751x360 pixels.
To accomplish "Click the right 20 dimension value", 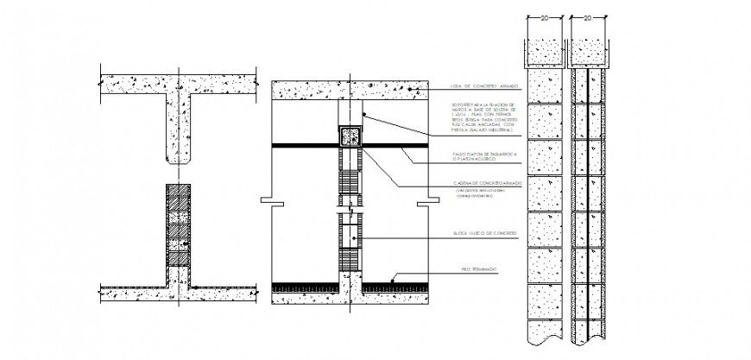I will tap(586, 16).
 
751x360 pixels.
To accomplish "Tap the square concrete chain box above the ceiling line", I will tap(351, 136).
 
